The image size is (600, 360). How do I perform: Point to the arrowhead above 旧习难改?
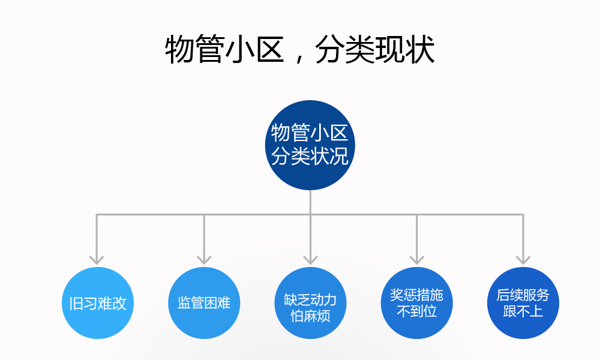(x=97, y=259)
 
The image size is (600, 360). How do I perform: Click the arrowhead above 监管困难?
(x=204, y=259)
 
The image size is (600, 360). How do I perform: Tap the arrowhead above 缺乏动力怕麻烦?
(x=310, y=259)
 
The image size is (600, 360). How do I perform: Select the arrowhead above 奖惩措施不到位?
(x=416, y=259)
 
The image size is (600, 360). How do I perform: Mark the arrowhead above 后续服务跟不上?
(x=523, y=259)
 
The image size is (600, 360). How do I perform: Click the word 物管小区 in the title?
(x=224, y=50)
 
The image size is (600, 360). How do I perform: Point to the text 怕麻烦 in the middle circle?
(x=310, y=316)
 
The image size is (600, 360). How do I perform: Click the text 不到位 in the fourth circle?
(x=416, y=311)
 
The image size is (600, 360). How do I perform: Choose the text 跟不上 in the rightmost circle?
(x=523, y=311)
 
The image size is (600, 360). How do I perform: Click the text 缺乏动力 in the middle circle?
(x=310, y=299)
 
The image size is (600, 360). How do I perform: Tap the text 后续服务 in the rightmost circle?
(x=523, y=295)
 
